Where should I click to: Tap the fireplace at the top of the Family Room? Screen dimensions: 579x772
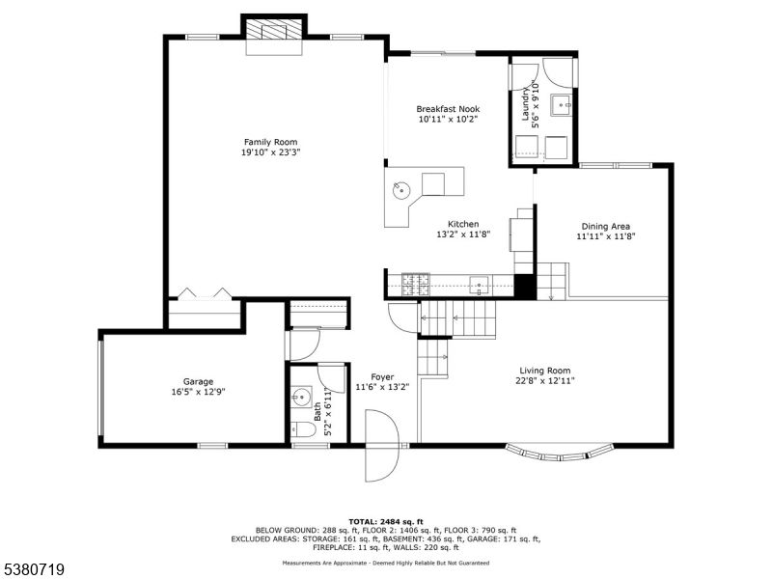tap(273, 29)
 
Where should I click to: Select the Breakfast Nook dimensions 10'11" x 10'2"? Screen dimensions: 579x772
tap(448, 121)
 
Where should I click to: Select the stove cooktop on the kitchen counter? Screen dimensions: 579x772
tap(418, 285)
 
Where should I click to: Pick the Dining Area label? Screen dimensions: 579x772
tap(605, 225)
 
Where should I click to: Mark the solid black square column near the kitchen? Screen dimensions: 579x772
tap(524, 287)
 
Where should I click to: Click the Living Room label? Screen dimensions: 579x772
tap(545, 371)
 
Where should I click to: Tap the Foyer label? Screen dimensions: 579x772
tap(382, 377)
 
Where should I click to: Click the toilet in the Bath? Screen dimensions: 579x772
tap(300, 429)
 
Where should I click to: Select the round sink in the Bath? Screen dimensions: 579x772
tap(301, 396)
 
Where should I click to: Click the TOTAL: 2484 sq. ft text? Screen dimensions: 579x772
tap(385, 521)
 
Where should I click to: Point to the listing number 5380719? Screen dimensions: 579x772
tap(34, 569)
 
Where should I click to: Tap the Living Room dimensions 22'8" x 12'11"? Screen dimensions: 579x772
tap(545, 382)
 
